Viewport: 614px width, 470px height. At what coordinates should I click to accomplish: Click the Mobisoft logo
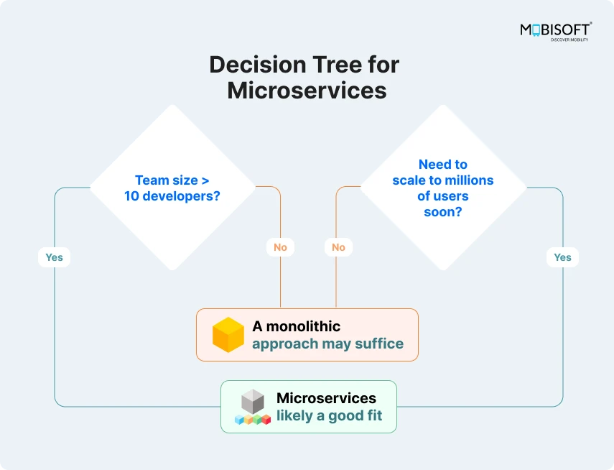point(556,32)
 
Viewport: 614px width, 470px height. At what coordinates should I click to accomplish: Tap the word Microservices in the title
point(307,91)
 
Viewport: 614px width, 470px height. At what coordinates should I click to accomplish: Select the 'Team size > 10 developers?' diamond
point(172,188)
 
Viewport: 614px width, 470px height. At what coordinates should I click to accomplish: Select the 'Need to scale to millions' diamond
point(443,188)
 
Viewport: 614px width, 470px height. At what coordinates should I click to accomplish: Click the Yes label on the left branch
point(54,257)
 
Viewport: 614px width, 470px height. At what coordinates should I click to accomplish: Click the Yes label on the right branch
point(562,257)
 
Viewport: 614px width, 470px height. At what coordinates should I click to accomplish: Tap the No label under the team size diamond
point(280,247)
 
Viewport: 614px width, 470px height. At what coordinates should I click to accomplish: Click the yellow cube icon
point(228,335)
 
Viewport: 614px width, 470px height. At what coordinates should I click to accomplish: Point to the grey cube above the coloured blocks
point(252,400)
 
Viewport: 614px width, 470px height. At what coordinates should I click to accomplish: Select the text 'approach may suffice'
point(327,344)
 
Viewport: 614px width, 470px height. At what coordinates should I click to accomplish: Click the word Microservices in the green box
point(326,398)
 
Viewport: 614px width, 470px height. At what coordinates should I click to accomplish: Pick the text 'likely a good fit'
point(329,415)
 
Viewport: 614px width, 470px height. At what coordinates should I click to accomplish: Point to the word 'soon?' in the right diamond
point(442,211)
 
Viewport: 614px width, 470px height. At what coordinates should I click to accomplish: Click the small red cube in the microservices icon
point(266,419)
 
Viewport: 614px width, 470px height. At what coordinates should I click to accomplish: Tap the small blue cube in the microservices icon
point(239,419)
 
